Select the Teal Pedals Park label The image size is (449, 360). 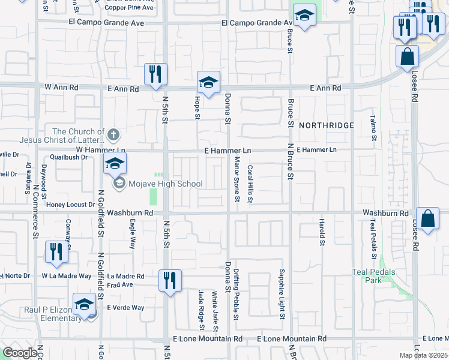tap(373, 276)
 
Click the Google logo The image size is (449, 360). tap(20, 353)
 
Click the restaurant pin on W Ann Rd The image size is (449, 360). tap(155, 74)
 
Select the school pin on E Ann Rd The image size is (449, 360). tap(208, 82)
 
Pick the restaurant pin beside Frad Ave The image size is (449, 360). tap(170, 280)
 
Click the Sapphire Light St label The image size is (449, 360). tap(280, 293)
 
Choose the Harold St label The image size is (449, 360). tap(321, 230)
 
